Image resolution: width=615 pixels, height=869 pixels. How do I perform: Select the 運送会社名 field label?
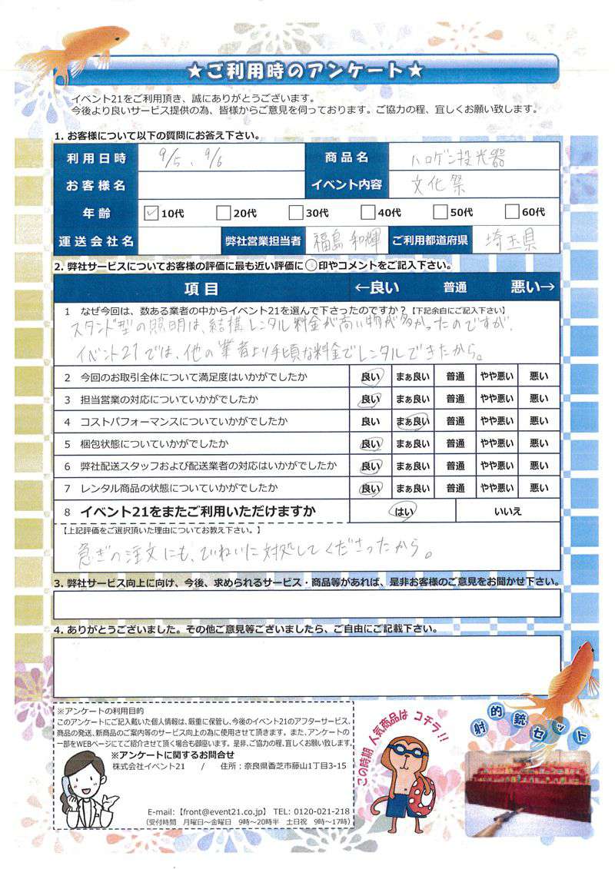pos(96,240)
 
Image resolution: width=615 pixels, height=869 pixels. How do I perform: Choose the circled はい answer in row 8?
pos(403,510)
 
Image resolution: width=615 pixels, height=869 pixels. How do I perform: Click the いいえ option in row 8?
pos(510,510)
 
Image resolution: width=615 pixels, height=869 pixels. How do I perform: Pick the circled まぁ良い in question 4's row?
pos(412,421)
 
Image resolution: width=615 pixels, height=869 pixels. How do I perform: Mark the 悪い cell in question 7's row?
pos(539,488)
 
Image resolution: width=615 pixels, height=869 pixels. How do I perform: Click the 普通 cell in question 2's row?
pos(454,376)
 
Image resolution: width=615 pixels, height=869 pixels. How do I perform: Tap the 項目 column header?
pos(201,289)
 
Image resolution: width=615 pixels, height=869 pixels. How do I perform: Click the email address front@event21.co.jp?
pos(223,811)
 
